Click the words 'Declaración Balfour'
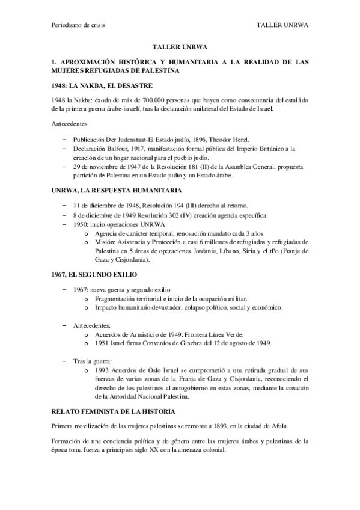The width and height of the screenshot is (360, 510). click(102, 147)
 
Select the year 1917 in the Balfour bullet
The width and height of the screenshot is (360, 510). click(140, 147)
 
